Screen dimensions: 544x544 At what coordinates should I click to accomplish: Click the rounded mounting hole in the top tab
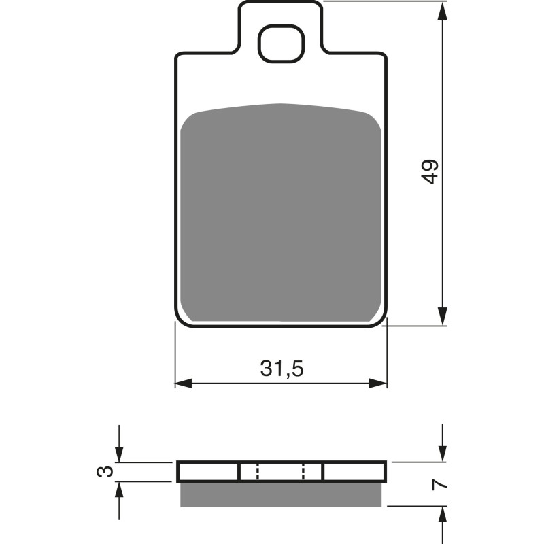[x=280, y=43]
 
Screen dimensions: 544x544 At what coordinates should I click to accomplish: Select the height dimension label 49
[x=430, y=171]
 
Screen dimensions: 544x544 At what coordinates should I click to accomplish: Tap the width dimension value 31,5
[x=281, y=369]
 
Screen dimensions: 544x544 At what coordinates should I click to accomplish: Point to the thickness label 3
[x=103, y=471]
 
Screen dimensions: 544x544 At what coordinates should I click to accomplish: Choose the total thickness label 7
[x=441, y=485]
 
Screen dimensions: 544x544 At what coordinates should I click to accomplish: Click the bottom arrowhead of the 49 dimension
[x=443, y=316]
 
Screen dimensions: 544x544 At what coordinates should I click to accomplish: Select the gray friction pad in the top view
[x=281, y=214]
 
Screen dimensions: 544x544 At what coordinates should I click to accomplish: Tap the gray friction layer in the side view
[x=281, y=494]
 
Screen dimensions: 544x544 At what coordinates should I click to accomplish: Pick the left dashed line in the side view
[x=258, y=472]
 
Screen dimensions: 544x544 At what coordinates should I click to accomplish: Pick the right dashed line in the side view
[x=303, y=472]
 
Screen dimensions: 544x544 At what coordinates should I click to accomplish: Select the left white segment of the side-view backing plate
[x=209, y=472]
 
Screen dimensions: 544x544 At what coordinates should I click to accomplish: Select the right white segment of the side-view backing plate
[x=354, y=472]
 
